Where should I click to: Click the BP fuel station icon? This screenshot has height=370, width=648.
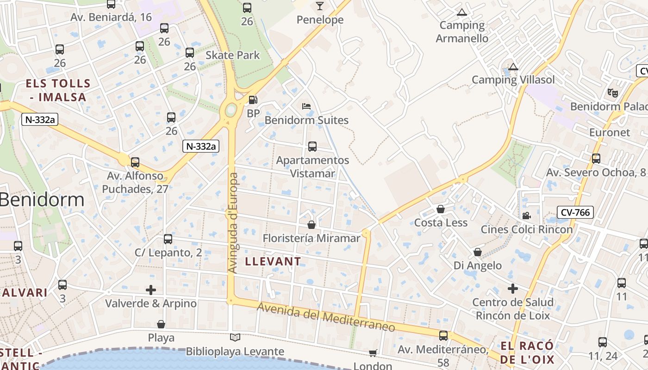(253, 99)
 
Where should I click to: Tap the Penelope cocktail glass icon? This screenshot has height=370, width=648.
(319, 6)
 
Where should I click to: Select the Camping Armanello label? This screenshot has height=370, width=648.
(462, 31)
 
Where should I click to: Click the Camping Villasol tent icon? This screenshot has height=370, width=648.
(513, 67)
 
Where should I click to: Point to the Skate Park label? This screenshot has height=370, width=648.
(233, 55)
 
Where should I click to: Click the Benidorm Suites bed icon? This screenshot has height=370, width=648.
(306, 106)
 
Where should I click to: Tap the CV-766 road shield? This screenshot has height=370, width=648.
(575, 212)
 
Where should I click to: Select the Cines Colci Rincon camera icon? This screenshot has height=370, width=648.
(526, 216)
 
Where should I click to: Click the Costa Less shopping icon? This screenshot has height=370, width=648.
(441, 209)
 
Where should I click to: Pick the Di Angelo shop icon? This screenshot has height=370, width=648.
(478, 252)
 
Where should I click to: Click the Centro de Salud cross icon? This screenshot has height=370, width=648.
(513, 289)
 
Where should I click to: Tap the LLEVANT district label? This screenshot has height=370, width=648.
(273, 261)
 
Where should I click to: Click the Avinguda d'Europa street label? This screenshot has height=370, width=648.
(233, 222)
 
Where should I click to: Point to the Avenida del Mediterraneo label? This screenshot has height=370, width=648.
(326, 317)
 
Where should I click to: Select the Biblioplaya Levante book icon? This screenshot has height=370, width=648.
(235, 338)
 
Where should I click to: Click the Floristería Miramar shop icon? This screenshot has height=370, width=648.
(312, 225)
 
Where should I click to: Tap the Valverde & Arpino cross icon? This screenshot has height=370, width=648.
(151, 290)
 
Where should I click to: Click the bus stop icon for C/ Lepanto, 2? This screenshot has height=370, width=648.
(168, 239)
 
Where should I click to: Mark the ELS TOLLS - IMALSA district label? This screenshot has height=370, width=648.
(58, 90)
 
